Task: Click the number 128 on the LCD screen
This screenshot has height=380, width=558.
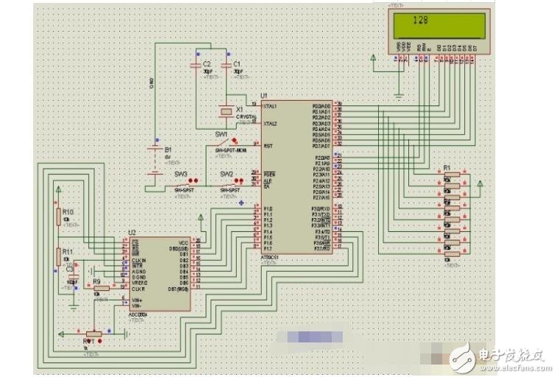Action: click(x=421, y=21)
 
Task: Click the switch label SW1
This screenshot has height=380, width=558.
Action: click(x=221, y=134)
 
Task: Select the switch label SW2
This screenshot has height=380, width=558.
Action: click(x=227, y=174)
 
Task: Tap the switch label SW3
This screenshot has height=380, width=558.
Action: click(x=181, y=174)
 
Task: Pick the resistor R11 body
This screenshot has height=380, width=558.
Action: click(x=57, y=256)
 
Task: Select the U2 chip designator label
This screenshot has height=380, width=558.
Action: click(x=132, y=232)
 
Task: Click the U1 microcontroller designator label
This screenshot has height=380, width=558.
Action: click(x=264, y=96)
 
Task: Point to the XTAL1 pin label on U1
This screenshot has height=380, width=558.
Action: click(x=273, y=106)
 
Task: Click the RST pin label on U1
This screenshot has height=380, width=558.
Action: click(x=268, y=146)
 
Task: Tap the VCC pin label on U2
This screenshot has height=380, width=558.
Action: click(x=183, y=242)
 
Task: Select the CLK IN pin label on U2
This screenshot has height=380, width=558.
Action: click(x=139, y=260)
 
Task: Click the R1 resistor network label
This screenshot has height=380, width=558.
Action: click(x=447, y=168)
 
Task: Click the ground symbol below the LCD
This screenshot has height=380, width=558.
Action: click(x=398, y=94)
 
